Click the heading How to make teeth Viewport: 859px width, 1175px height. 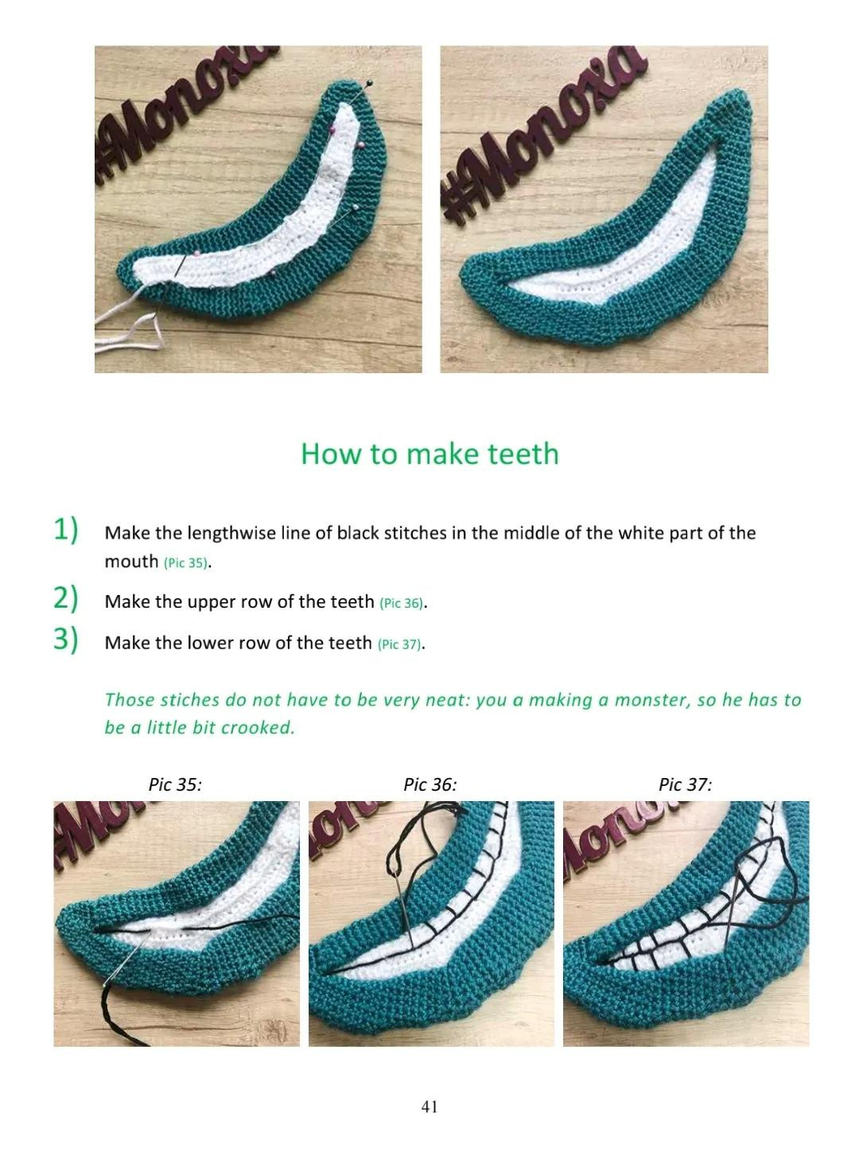(x=429, y=453)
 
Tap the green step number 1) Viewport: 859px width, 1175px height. (x=66, y=529)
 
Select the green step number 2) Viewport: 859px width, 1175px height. (x=66, y=598)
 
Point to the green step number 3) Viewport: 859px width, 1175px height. (x=66, y=639)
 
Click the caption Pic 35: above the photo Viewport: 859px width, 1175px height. (x=175, y=784)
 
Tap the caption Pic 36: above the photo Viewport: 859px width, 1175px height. (x=430, y=784)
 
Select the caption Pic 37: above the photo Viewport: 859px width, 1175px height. (x=685, y=784)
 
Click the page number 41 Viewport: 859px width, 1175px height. (x=429, y=1107)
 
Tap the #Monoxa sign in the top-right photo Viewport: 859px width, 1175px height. (x=541, y=131)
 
